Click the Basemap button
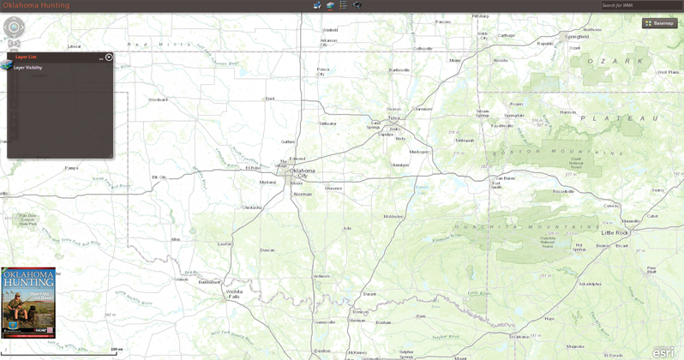[x=660, y=23]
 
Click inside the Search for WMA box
[x=640, y=5]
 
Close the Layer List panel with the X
[x=109, y=57]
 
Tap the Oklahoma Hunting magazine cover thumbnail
[x=28, y=302]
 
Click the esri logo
[x=663, y=351]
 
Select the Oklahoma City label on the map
[x=302, y=173]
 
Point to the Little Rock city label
[x=615, y=232]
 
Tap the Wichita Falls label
[x=232, y=293]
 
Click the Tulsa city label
[x=393, y=118]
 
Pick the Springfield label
[x=577, y=37]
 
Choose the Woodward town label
[x=158, y=99]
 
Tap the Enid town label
[x=270, y=99]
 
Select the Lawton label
[x=225, y=243]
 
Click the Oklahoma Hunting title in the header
[x=36, y=5]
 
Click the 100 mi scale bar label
[x=117, y=350]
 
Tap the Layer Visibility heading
[x=27, y=68]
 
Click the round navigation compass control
[x=15, y=28]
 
